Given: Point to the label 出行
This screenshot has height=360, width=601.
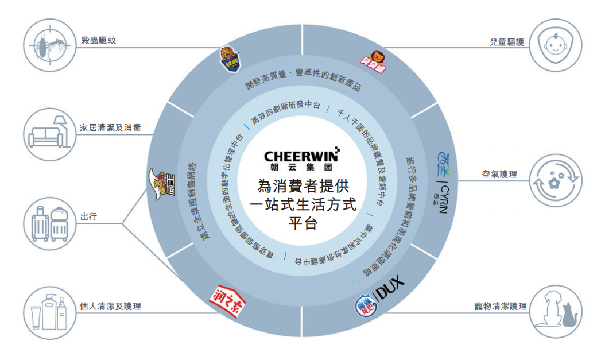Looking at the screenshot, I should (88, 216).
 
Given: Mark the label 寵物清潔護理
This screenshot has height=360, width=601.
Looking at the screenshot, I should (497, 307).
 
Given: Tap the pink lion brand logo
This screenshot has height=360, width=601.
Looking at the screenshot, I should (375, 59).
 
